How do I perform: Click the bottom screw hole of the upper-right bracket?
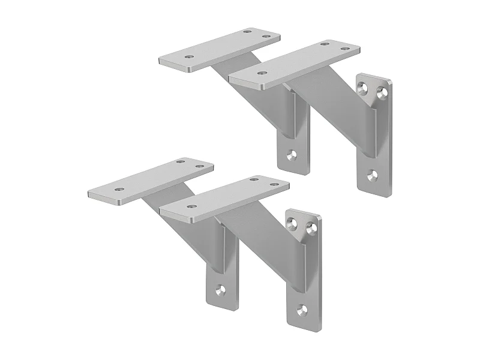pyautogui.click(x=372, y=175)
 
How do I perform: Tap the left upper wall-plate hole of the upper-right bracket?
pyautogui.click(x=362, y=89)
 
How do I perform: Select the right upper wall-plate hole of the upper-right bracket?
pyautogui.click(x=381, y=91)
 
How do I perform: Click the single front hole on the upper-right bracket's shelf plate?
pyautogui.click(x=261, y=73)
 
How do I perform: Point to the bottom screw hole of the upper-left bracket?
pyautogui.click(x=292, y=155)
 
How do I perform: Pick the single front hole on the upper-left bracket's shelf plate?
pyautogui.click(x=190, y=57)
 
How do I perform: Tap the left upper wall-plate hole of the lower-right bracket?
pyautogui.click(x=292, y=224)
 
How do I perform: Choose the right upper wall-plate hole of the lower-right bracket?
pyautogui.click(x=311, y=227)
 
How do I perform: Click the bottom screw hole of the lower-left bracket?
pyautogui.click(x=220, y=290)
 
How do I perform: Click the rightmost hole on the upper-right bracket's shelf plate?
pyautogui.click(x=344, y=48)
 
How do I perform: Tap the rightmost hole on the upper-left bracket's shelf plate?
pyautogui.click(x=265, y=36)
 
